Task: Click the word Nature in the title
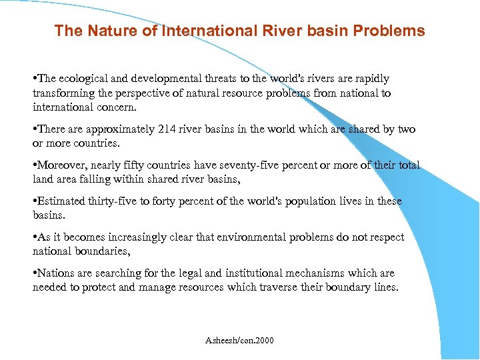[101, 31]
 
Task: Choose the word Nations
[56, 273]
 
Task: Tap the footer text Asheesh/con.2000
[239, 341]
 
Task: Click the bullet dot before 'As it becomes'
[35, 238]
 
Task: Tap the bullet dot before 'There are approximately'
[35, 130]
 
